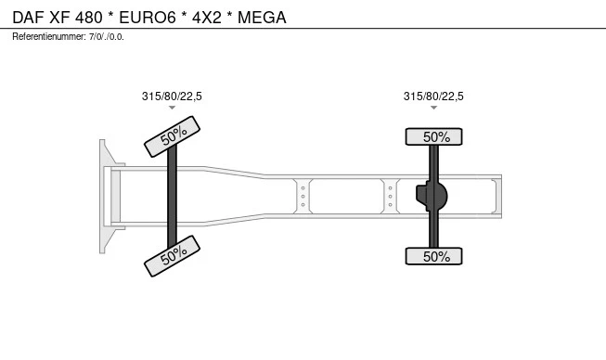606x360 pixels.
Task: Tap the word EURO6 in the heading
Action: pos(148,18)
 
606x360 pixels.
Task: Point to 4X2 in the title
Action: pos(207,18)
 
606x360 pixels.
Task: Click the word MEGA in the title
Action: pos(262,18)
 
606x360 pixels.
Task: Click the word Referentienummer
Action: pos(48,37)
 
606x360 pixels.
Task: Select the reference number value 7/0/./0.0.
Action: pos(107,37)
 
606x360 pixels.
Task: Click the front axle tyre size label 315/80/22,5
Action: pos(172,96)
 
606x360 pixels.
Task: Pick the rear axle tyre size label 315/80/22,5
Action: pos(433,96)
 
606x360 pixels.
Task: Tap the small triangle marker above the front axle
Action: pos(172,108)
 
